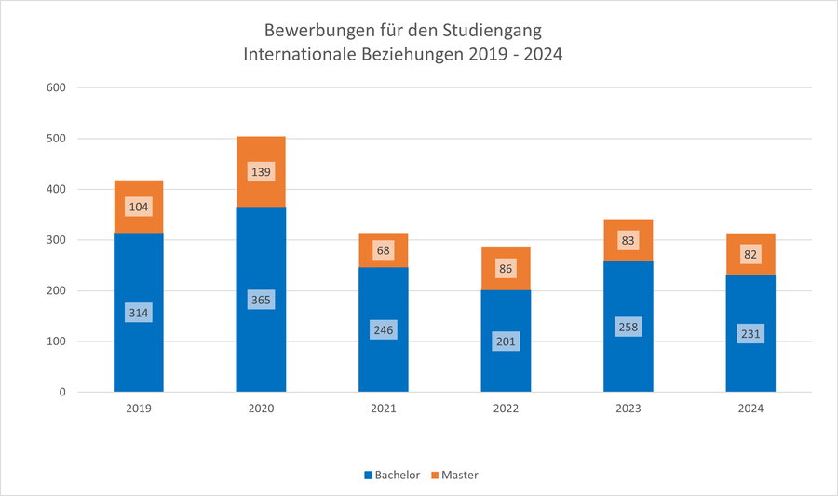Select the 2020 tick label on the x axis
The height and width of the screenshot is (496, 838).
pos(261,409)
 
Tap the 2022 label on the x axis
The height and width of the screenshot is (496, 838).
pos(506,409)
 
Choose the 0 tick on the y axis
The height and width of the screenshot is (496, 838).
pos(62,392)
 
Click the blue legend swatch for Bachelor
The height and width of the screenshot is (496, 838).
pos(367,476)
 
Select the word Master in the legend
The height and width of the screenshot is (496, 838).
pos(460,476)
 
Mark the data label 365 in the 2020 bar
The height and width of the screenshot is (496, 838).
pos(261,300)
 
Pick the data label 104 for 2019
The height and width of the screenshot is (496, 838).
pos(139,208)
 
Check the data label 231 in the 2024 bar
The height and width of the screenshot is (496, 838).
pos(750,333)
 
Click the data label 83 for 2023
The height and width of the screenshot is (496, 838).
pos(628,241)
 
